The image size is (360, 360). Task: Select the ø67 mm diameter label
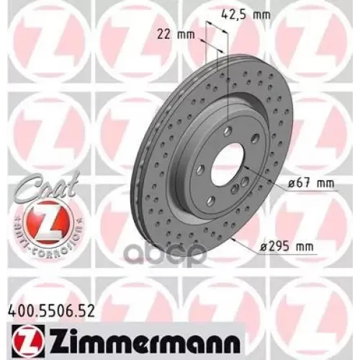312,183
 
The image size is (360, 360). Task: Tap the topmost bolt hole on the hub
227,130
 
